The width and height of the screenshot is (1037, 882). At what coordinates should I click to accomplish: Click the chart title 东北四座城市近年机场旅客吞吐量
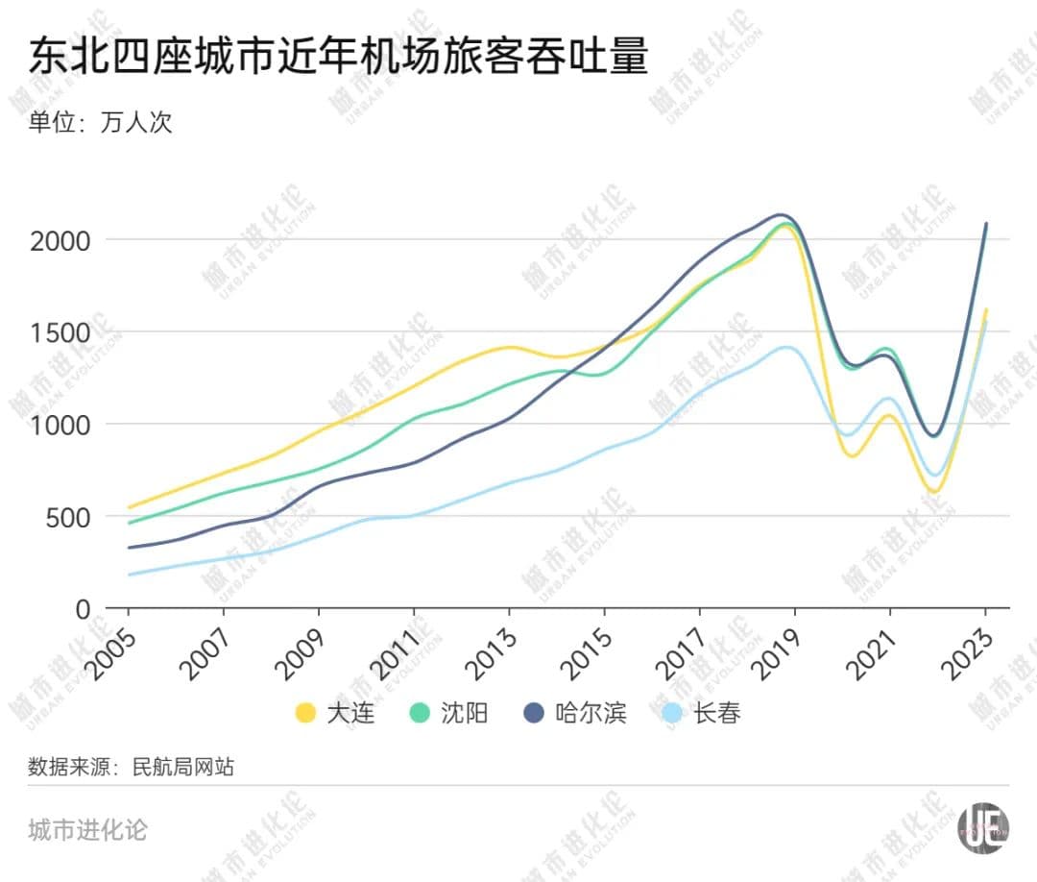pyautogui.click(x=339, y=57)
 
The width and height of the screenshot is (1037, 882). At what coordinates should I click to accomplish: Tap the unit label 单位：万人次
pyautogui.click(x=100, y=122)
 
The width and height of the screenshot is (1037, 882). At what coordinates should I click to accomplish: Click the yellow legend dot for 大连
pyautogui.click(x=305, y=713)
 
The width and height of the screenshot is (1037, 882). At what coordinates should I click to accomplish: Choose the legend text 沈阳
pyautogui.click(x=464, y=713)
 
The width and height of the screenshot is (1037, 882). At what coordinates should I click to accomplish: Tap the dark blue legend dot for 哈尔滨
pyautogui.click(x=534, y=713)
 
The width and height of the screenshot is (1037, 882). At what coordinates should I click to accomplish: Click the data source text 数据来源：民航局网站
pyautogui.click(x=131, y=767)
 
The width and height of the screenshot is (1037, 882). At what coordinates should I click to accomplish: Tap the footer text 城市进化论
pyautogui.click(x=87, y=829)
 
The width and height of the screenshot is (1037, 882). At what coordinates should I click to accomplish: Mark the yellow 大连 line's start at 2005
pyautogui.click(x=130, y=507)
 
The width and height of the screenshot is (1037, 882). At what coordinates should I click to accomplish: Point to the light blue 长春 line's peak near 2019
pyautogui.click(x=787, y=347)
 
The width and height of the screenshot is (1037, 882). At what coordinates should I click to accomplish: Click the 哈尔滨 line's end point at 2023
pyautogui.click(x=985, y=224)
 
